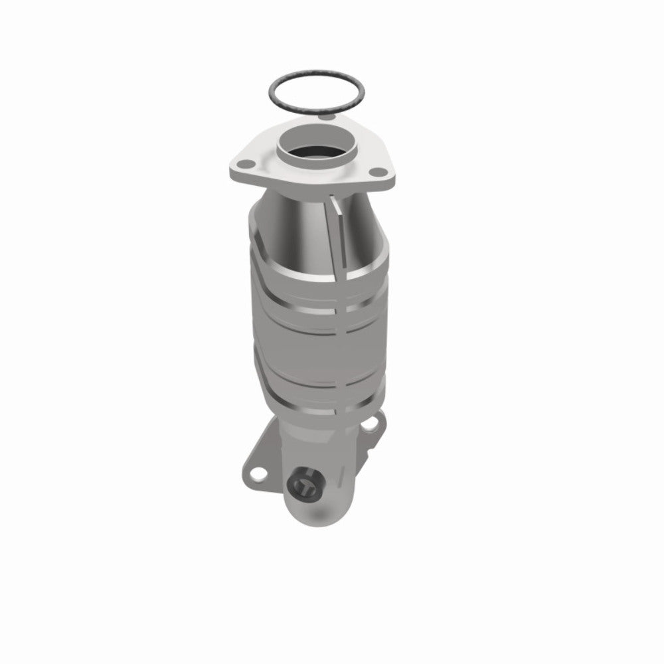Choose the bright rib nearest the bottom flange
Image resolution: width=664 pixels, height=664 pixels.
point(319,402)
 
